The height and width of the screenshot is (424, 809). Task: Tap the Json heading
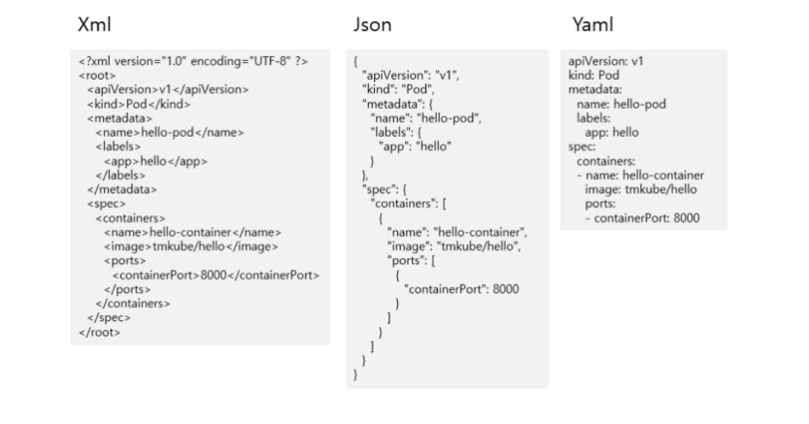point(372,25)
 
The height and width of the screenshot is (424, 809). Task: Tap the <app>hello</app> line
point(155,161)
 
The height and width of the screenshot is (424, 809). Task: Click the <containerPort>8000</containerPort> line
point(216,275)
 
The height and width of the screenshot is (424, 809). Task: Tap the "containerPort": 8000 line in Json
point(461,289)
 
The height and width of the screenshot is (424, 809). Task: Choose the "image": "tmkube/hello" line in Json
point(455,246)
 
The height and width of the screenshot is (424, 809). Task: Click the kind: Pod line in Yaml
point(594,75)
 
